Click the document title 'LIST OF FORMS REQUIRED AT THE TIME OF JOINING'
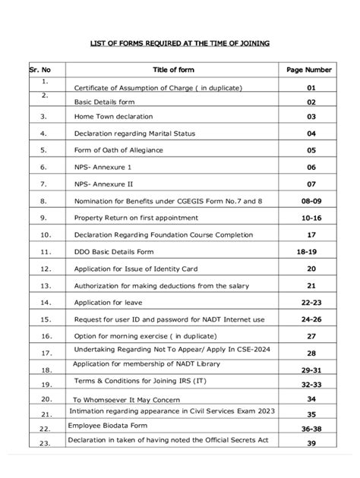(180, 43)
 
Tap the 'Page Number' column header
(309, 69)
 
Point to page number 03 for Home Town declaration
(310, 117)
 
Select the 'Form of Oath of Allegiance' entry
(118, 149)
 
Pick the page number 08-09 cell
(310, 201)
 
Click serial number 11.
(46, 251)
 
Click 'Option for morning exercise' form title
(141, 335)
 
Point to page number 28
(310, 354)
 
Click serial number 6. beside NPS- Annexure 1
(45, 166)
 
